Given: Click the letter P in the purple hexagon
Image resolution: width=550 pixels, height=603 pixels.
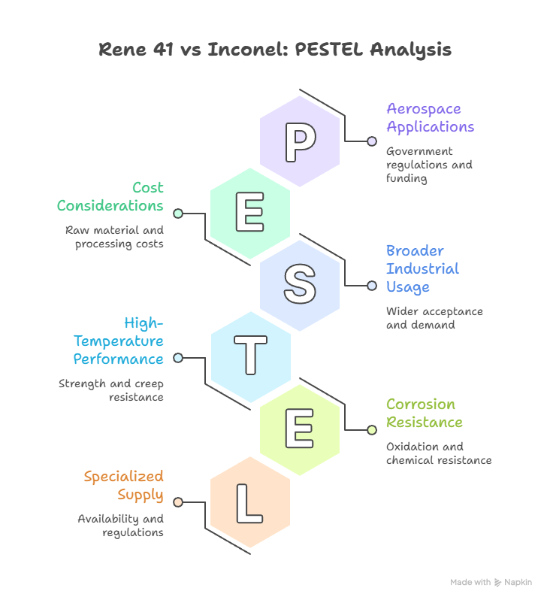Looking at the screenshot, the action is click(301, 142).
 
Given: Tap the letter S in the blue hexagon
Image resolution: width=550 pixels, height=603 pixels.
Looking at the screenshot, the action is click(301, 283).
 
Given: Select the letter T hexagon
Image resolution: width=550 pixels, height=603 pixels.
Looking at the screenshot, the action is click(251, 357).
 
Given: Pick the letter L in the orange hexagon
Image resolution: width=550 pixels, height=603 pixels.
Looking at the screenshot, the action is click(249, 504).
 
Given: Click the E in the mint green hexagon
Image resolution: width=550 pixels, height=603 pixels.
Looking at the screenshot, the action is click(249, 212).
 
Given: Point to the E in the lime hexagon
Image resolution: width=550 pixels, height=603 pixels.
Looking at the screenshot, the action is click(299, 429).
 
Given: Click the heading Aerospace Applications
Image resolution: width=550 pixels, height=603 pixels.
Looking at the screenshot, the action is click(431, 118).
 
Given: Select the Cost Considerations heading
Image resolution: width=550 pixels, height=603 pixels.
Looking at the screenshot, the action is click(110, 196).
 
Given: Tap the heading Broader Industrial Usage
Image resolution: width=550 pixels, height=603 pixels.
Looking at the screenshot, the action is click(423, 269).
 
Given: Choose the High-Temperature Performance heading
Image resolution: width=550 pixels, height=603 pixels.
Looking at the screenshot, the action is click(119, 341).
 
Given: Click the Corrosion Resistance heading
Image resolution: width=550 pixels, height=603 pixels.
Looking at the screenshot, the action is click(425, 413).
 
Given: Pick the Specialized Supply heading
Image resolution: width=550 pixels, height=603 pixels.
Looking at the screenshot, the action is click(124, 486).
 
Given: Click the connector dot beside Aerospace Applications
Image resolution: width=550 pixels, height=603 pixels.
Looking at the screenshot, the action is click(372, 141).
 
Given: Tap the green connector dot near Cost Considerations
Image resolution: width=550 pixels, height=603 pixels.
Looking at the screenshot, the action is click(178, 214).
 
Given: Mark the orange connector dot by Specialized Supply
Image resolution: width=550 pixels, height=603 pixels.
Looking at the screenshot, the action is click(178, 502).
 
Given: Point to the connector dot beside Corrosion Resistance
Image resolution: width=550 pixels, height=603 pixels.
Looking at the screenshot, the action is click(372, 430).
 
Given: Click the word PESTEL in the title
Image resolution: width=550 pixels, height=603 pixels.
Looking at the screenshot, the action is click(329, 49).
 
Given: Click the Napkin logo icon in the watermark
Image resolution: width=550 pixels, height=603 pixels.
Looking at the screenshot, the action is click(497, 583).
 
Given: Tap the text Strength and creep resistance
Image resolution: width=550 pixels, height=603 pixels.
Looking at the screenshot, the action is click(111, 390).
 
